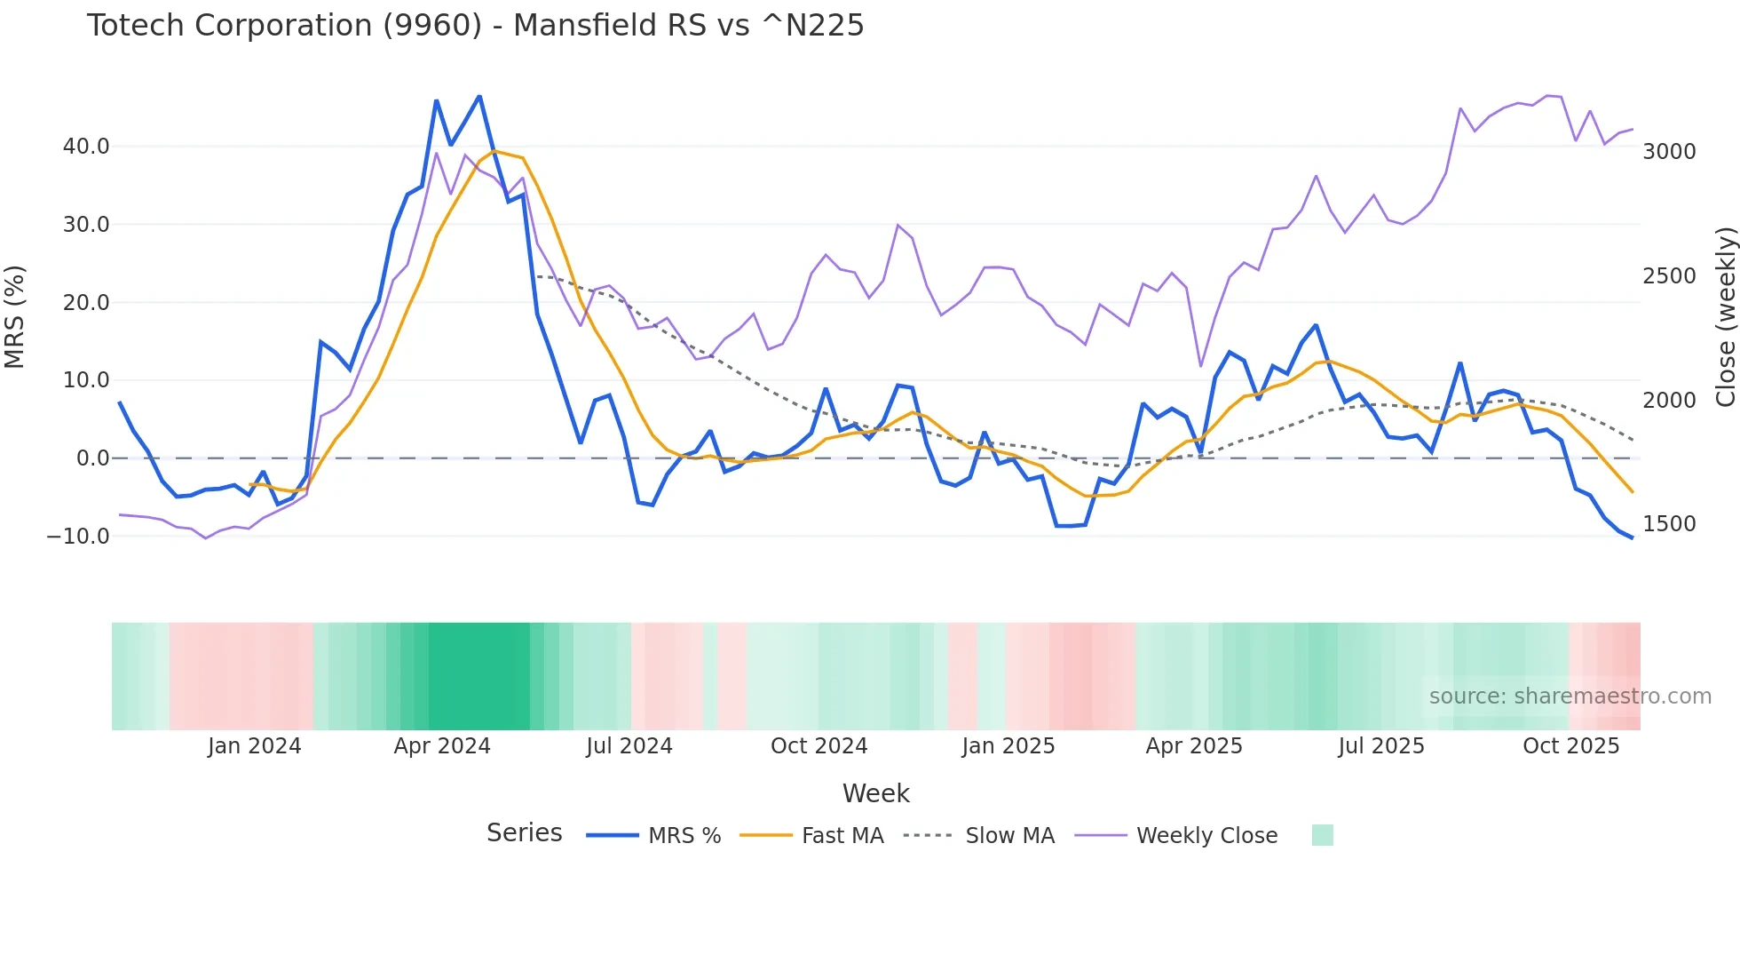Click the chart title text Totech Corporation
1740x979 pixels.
(x=475, y=26)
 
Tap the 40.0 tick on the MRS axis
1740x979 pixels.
(x=86, y=147)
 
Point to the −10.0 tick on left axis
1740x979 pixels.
(x=78, y=537)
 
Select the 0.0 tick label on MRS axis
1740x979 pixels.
(x=92, y=458)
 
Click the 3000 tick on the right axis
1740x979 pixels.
(x=1669, y=152)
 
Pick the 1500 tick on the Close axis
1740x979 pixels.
(x=1669, y=524)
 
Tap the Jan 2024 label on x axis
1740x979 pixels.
(x=255, y=746)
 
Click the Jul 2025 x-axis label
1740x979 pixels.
(x=1381, y=746)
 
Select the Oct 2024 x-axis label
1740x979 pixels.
(x=819, y=746)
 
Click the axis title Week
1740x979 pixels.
(x=875, y=793)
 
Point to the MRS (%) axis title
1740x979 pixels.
(x=15, y=317)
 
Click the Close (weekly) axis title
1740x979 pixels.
(x=1725, y=317)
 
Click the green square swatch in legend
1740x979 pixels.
(x=1322, y=835)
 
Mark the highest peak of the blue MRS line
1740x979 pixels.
(x=479, y=96)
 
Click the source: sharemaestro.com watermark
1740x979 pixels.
(x=1570, y=696)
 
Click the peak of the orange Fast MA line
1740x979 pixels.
(x=494, y=151)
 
